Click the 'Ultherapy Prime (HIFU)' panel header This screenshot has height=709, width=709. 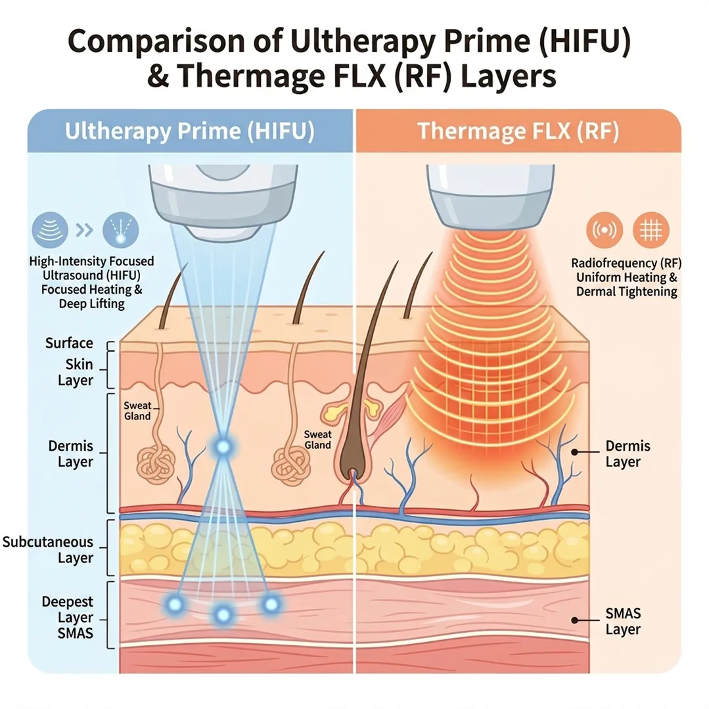coord(189,131)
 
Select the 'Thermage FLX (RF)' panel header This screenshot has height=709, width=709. coord(518,131)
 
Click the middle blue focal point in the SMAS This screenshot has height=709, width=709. coord(223,614)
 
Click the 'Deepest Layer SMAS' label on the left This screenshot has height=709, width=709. coord(67,618)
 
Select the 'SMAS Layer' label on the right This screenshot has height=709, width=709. coord(622,621)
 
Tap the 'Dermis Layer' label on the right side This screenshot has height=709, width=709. coord(628,454)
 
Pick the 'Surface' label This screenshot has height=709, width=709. coord(69,343)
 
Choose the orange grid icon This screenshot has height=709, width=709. coord(651,231)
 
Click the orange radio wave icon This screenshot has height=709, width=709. coord(604,231)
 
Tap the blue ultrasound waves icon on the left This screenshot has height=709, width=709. coord(51,231)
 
